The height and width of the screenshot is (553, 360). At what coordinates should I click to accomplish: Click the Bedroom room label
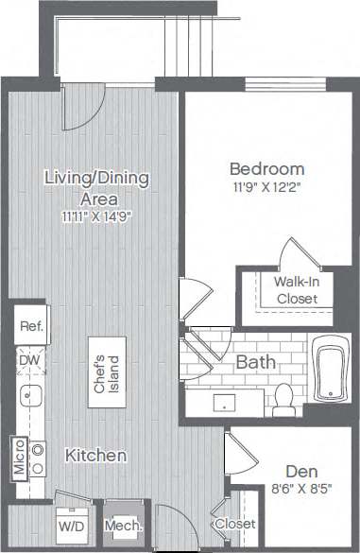coord(266,168)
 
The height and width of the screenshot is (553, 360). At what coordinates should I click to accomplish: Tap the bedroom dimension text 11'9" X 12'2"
coord(266,187)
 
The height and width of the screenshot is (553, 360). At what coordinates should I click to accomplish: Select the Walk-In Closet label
coord(296,290)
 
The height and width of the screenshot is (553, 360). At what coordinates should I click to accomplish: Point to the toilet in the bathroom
coord(283,403)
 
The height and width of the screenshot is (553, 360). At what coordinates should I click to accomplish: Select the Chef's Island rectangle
coord(104,372)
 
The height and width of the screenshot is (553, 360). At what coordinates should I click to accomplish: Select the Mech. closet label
coord(124,527)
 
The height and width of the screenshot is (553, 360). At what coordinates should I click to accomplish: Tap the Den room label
coord(301,471)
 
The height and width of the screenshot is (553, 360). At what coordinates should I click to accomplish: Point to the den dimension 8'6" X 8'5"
coord(301,491)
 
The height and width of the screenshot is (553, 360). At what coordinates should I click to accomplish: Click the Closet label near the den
coord(233,525)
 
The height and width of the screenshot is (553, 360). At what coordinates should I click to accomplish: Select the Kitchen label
coord(95,456)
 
